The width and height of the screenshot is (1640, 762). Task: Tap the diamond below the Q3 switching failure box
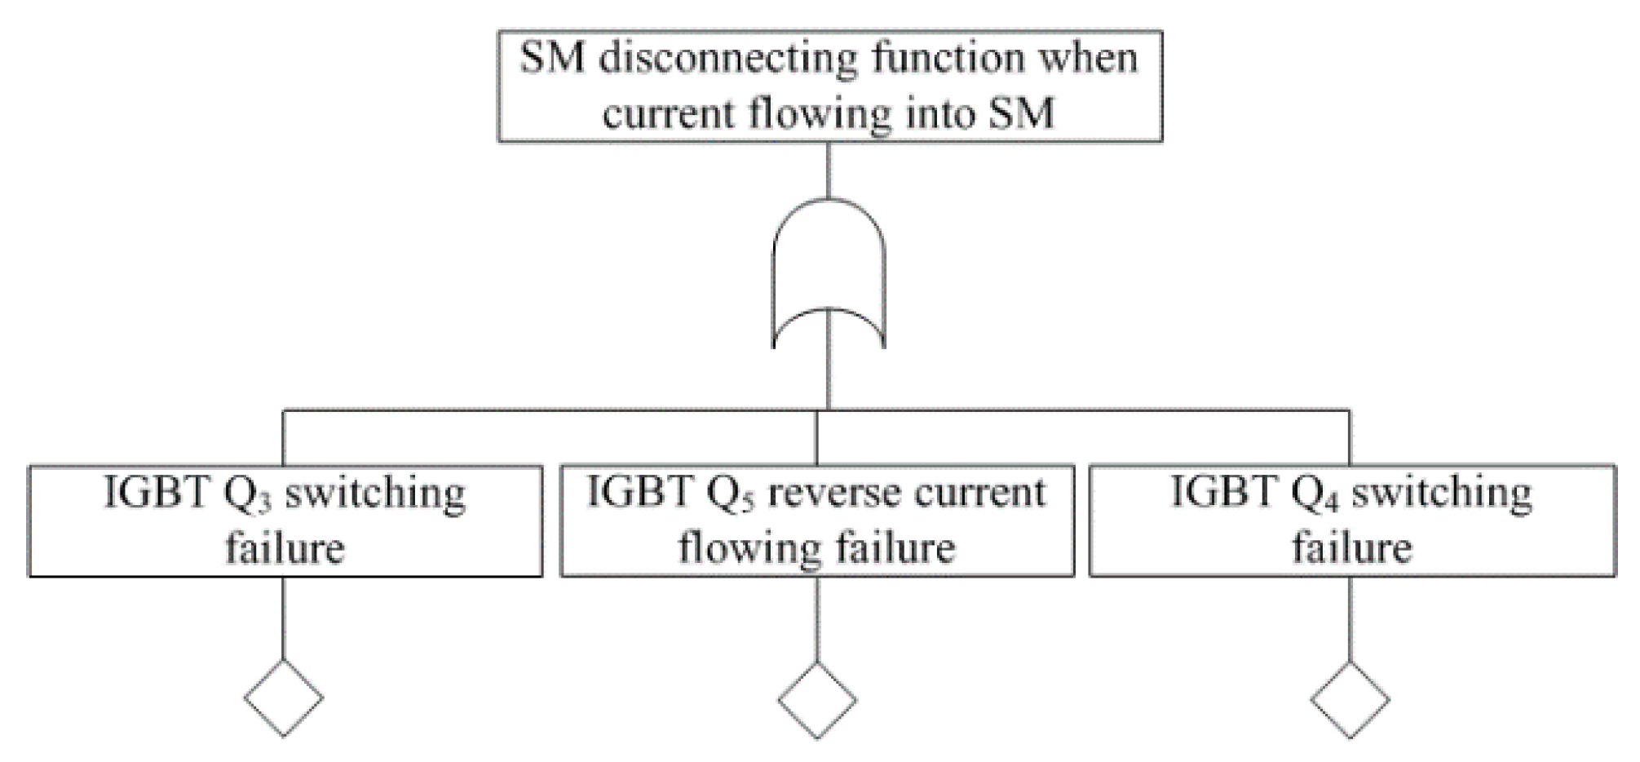click(283, 698)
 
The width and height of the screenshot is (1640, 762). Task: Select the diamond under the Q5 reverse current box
click(817, 700)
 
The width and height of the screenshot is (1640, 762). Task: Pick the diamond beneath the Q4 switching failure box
click(1350, 700)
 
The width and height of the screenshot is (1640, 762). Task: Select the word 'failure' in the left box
click(285, 547)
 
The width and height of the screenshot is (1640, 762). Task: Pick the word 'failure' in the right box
click(1351, 547)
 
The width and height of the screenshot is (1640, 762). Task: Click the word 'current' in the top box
click(668, 113)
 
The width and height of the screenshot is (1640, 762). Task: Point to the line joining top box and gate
click(829, 170)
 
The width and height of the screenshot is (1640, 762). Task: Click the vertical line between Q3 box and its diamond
click(283, 618)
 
